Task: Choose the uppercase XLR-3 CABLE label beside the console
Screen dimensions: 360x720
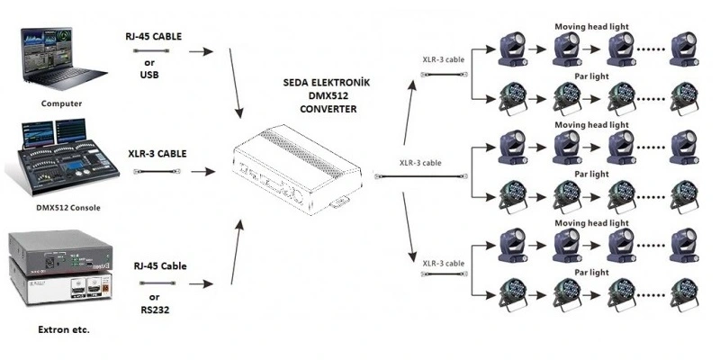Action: [157, 153]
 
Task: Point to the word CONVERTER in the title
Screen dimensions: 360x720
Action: [329, 108]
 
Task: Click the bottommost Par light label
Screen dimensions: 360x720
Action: [592, 271]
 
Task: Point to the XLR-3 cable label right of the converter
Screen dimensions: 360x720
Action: [420, 163]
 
